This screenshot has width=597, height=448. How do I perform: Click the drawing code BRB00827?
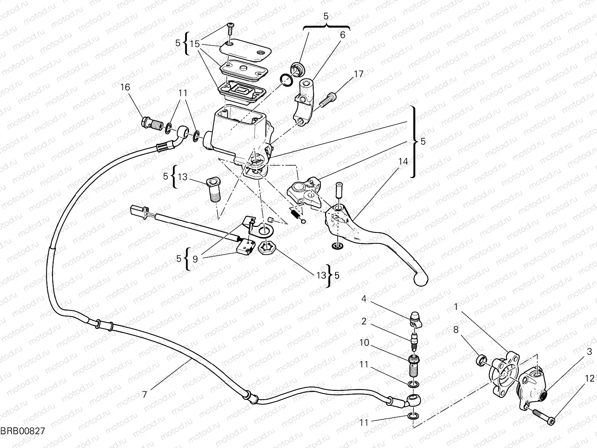22,431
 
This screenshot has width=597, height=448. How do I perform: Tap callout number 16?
125,87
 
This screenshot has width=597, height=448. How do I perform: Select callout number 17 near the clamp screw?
358,74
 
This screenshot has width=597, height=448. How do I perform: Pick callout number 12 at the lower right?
589,378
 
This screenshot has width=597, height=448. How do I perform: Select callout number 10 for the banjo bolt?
365,342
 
